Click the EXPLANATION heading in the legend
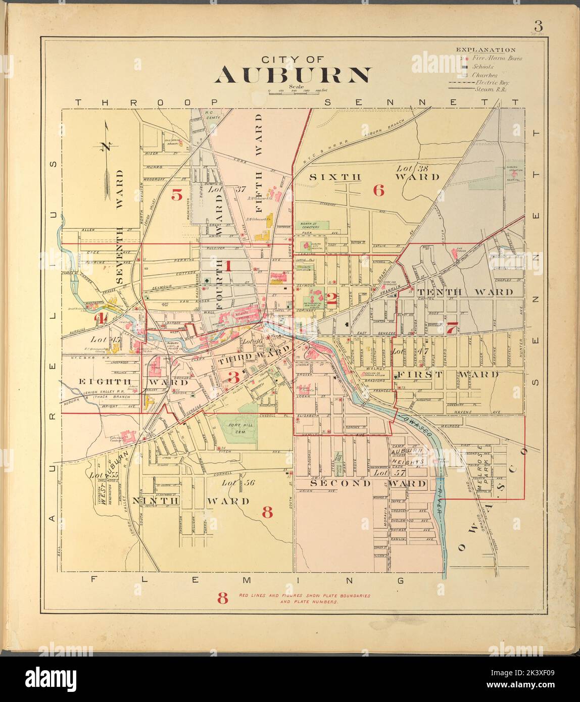[x=486, y=50]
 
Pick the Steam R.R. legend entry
[x=490, y=89]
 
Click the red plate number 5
[x=176, y=194]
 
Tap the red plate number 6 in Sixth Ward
[x=378, y=190]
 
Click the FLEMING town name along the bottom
[x=248, y=580]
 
